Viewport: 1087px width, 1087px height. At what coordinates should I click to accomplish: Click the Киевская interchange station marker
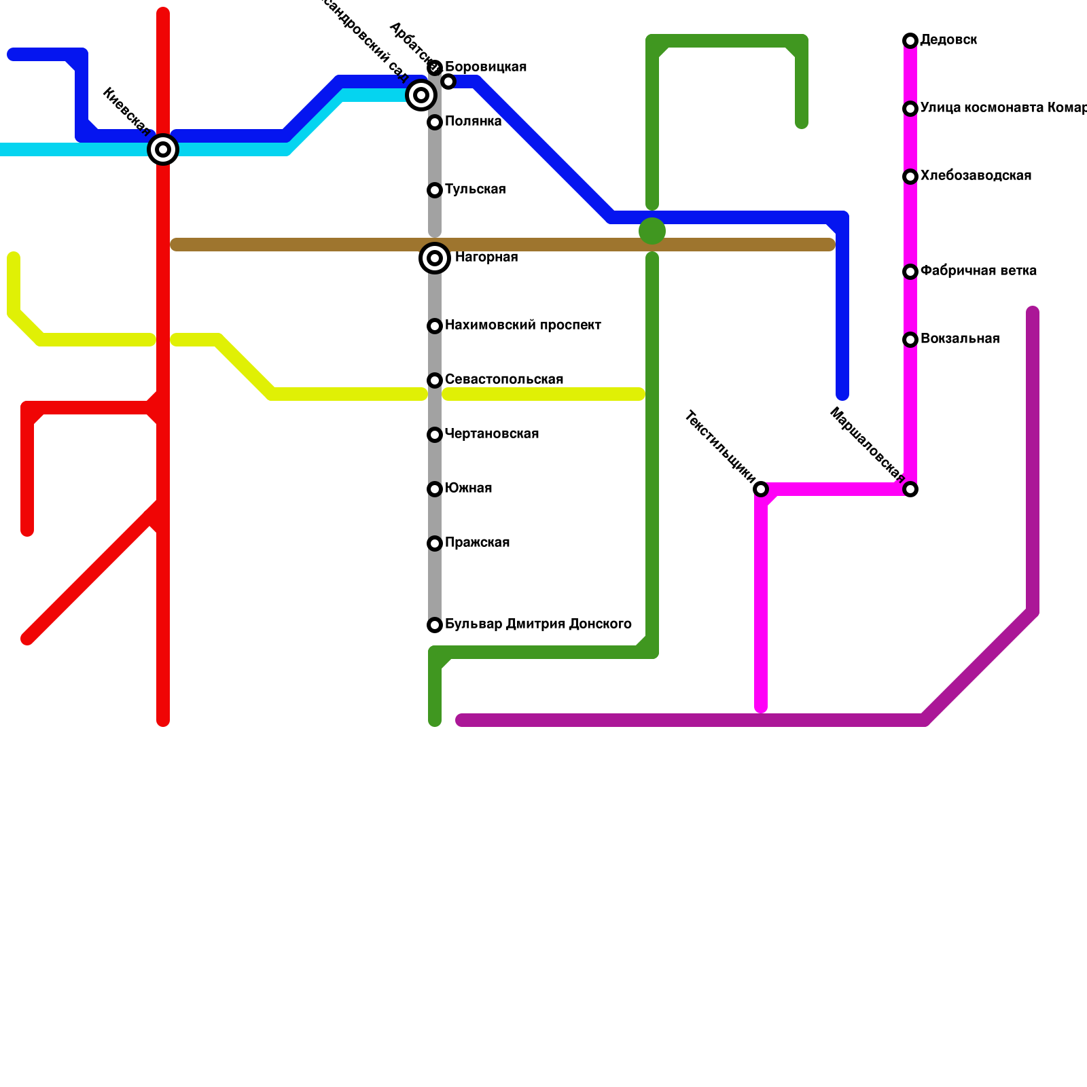[163, 149]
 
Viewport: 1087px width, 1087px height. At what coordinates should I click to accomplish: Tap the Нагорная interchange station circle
[435, 258]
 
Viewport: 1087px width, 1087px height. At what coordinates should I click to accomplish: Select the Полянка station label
[473, 122]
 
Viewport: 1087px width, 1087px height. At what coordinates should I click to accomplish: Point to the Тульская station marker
[435, 190]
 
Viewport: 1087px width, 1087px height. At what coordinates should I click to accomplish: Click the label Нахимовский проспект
[522, 325]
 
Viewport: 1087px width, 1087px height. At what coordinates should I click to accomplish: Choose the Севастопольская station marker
[435, 380]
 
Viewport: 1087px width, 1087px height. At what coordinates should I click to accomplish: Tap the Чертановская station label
[491, 434]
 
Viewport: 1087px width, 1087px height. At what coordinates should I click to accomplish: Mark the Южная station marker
[435, 489]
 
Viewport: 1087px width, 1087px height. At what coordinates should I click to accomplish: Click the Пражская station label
[477, 543]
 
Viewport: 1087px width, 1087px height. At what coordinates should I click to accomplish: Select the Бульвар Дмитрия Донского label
[538, 624]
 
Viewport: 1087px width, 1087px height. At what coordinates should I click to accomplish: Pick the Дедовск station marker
[910, 41]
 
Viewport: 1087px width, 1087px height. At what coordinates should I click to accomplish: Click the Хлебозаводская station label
[976, 176]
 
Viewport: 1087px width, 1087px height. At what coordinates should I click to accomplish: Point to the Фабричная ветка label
[978, 271]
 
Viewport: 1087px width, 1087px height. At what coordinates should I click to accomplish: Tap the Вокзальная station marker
[910, 340]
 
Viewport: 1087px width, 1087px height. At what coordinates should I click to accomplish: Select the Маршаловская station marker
[910, 489]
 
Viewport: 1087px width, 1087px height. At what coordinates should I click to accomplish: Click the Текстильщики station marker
[761, 489]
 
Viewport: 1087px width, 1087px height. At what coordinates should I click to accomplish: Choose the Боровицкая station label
[486, 67]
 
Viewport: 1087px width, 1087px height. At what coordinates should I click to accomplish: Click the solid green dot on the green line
[652, 231]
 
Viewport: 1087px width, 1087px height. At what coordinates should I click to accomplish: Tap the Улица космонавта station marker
[910, 109]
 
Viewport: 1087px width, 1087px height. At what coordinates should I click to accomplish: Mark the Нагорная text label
[486, 257]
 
